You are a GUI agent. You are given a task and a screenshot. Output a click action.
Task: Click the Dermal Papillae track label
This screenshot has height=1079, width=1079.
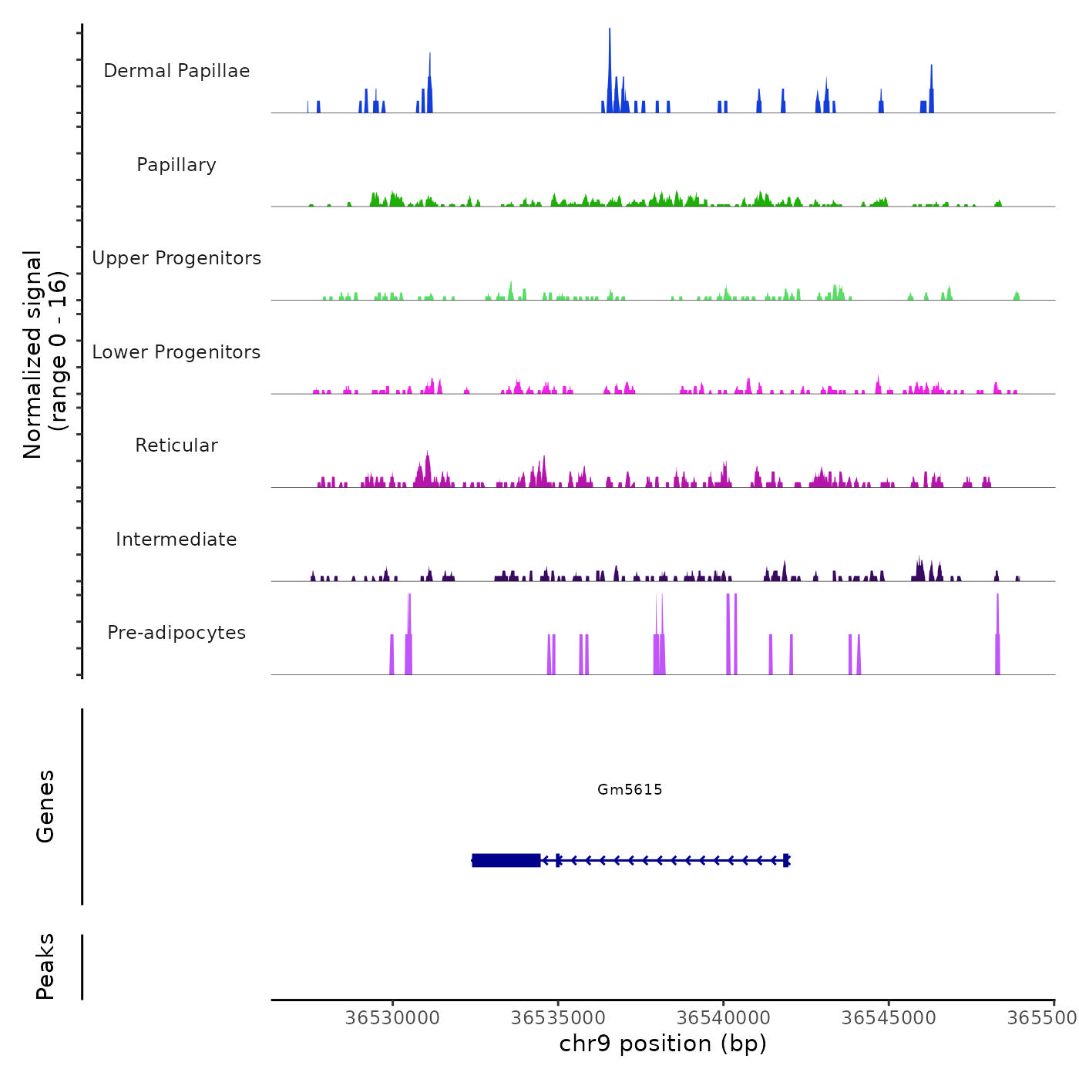[x=176, y=71]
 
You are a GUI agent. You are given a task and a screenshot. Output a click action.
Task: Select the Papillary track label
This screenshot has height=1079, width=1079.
[x=176, y=165]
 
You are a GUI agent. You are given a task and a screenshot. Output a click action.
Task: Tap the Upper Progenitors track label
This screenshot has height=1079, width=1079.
[x=176, y=258]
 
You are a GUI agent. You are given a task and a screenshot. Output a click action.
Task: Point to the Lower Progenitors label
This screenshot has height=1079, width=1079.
[x=176, y=352]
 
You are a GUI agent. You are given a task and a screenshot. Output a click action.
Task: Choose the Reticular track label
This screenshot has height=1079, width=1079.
[x=176, y=445]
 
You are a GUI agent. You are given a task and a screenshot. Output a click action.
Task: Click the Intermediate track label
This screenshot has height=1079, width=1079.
[x=176, y=539]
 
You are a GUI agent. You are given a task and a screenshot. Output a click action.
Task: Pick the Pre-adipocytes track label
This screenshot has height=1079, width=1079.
[x=176, y=633]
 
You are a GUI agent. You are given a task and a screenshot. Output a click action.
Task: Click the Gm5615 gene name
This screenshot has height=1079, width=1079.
[x=630, y=789]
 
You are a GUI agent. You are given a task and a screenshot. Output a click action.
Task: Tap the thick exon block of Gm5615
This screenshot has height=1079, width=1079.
[x=506, y=860]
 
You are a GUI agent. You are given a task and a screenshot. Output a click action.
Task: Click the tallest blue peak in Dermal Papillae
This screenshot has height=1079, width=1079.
[x=610, y=69]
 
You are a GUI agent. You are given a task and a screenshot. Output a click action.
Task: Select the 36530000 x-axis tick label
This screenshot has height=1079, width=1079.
[x=392, y=1018]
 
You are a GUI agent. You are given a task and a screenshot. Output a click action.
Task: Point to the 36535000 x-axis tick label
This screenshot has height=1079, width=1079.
[x=558, y=1018]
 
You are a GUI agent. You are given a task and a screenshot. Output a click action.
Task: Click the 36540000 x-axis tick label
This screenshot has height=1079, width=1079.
[x=724, y=1018]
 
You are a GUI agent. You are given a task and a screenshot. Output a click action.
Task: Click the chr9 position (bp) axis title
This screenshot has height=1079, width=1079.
[x=663, y=1044]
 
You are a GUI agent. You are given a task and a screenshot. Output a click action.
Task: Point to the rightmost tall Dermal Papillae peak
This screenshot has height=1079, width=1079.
[x=931, y=89]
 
